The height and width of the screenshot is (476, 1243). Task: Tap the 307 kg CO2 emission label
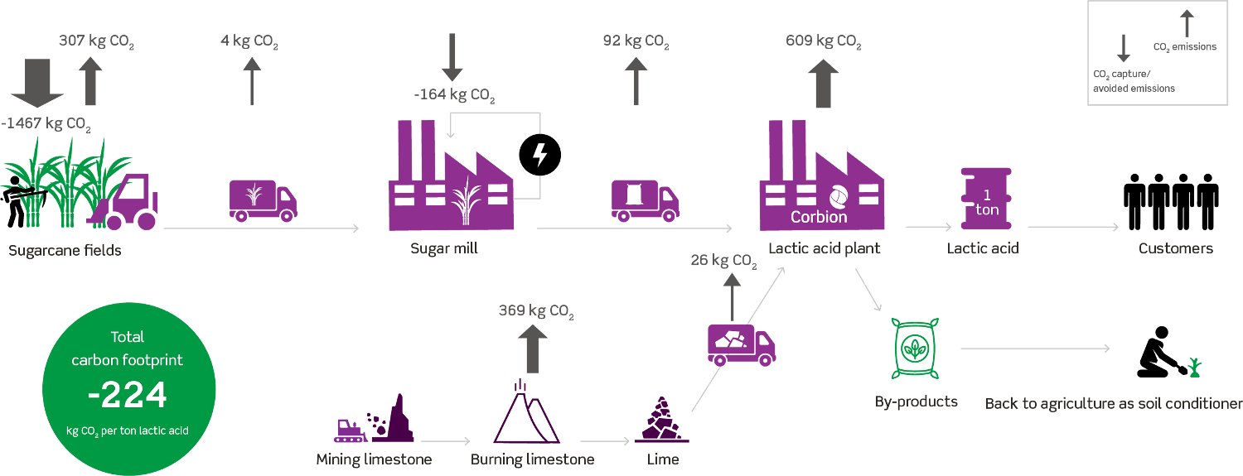coord(96,42)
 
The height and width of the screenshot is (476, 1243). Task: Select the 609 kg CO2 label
coord(823,41)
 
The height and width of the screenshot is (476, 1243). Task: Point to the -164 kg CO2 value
coord(454,94)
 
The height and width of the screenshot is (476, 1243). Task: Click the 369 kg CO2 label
coord(535,312)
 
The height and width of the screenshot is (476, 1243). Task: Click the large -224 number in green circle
coord(128,397)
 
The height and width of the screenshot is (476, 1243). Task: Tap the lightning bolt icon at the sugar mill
coord(539,155)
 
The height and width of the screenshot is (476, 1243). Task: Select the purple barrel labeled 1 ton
coord(986,201)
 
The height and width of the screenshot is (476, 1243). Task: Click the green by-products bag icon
coord(915,348)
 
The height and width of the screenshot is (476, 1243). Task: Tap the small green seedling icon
coord(1193,368)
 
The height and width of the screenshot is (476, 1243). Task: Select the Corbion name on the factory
coord(819,217)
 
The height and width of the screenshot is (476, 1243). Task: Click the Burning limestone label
coord(532,459)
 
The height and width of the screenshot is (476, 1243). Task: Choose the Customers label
coord(1175,248)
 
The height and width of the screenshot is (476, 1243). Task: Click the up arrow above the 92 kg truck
coord(636,81)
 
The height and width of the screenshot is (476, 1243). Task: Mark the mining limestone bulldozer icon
coord(353,430)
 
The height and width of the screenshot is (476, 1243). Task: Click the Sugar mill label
coord(444,249)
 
